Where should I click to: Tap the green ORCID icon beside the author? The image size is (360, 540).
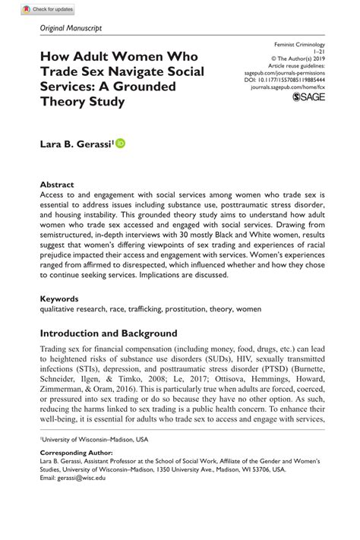(x=121, y=142)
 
